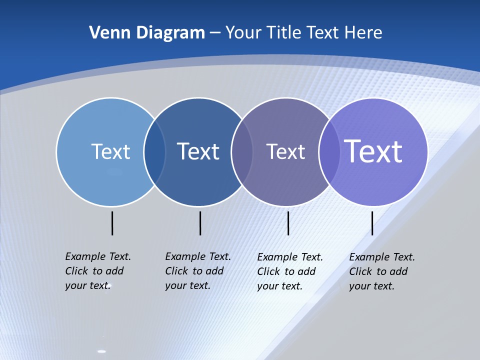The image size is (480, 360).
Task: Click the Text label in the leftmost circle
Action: coord(110,151)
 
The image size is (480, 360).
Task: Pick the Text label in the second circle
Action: coord(198,151)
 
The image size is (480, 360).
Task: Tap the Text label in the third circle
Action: coord(285,151)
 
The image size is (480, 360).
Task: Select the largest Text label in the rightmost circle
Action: coord(373,151)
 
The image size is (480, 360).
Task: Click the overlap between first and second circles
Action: coord(154,152)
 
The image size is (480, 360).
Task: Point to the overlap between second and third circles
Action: coord(242,152)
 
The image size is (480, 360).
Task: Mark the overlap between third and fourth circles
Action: coord(329,152)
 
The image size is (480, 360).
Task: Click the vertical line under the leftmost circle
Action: coord(112,223)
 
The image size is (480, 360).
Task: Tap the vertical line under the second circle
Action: coord(200,223)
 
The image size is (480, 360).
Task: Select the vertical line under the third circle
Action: coord(288,223)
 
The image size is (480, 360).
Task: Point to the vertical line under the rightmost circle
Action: coord(372,223)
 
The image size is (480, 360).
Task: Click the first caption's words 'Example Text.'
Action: coord(98,256)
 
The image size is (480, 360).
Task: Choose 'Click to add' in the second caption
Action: coord(194,271)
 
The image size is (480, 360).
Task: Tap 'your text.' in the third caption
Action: coord(279,286)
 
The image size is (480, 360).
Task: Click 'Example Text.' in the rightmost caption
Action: coord(382,257)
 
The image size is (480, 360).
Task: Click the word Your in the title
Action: coord(243,33)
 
